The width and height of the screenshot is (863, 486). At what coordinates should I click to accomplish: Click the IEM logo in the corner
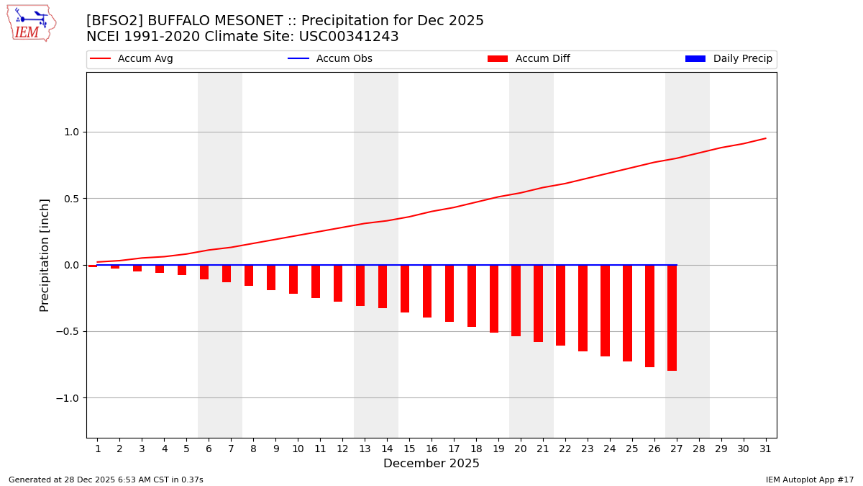pos(31,23)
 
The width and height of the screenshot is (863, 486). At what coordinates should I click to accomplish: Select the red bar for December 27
pos(672,318)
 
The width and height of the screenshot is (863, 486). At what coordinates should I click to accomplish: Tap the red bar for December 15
pos(405,289)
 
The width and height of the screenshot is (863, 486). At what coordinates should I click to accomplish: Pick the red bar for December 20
pos(516,300)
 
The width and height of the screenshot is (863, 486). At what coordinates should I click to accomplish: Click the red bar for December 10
pos(293,279)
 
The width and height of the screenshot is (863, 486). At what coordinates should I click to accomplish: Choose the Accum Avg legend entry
pos(132,59)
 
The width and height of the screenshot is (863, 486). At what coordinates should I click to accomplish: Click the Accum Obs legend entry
pos(330,59)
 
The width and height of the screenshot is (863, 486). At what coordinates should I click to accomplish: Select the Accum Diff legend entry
pos(529,59)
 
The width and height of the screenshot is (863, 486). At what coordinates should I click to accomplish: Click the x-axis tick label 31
pos(765,449)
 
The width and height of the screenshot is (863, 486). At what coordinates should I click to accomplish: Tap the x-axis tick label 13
pos(365,449)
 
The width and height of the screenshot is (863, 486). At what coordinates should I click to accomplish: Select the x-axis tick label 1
pos(98,449)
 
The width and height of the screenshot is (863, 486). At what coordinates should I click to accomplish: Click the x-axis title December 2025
pos(431,464)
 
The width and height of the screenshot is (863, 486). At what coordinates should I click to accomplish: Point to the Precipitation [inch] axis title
pos(45,255)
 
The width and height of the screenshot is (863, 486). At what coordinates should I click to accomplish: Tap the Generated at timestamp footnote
pos(106,480)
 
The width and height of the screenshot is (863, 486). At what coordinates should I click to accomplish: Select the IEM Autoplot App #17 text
pos(810,480)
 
